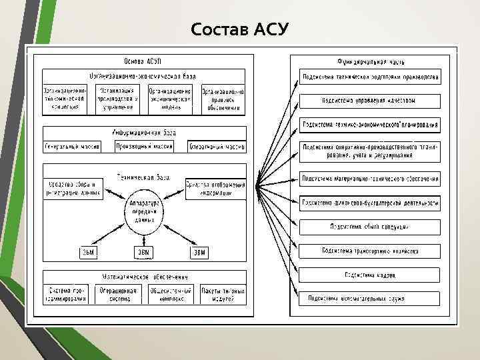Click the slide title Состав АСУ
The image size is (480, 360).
[239, 30]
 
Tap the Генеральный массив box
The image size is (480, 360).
[73, 146]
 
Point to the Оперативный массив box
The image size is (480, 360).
[217, 146]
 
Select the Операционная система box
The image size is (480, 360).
[117, 295]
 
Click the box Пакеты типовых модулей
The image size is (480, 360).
[223, 295]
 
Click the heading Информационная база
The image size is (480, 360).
[144, 132]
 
